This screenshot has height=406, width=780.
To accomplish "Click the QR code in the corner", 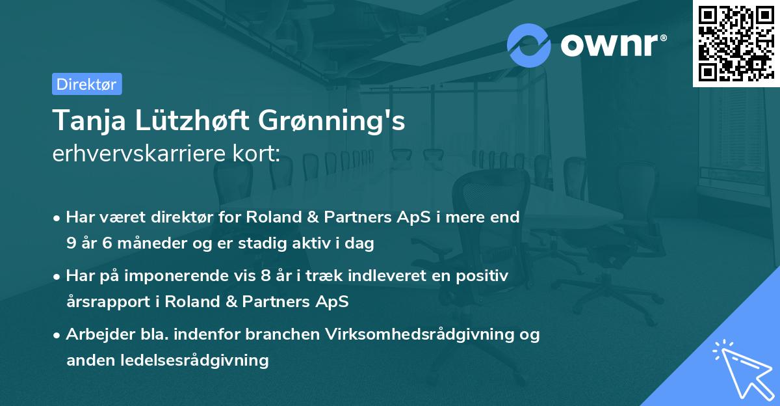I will click(736, 44).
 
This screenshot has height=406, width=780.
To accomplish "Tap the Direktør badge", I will click(86, 85).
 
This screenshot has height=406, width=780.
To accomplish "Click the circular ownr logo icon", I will click(529, 45).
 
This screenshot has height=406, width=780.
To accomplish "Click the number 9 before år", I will click(71, 244).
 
